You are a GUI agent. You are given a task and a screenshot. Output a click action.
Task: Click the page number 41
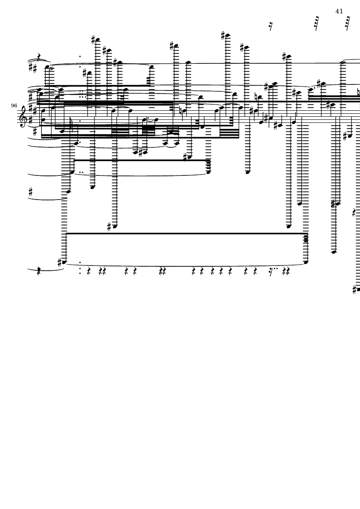[339, 11]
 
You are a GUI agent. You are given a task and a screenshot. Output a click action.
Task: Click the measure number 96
[14, 106]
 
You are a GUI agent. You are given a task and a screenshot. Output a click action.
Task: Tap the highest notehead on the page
[228, 36]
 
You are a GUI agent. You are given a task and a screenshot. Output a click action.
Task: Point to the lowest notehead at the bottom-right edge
[358, 290]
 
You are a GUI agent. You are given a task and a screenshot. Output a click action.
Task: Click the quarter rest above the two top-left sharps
[39, 57]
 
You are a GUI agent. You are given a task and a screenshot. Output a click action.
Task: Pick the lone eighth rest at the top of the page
[271, 26]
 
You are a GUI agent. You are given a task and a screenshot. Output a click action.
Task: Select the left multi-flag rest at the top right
[316, 23]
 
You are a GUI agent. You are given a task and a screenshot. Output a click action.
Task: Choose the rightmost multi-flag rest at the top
[347, 23]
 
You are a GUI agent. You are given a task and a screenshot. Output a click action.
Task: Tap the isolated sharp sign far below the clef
[31, 192]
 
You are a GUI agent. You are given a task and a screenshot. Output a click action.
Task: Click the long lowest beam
[187, 234]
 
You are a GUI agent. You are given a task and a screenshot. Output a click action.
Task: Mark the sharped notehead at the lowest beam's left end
[64, 262]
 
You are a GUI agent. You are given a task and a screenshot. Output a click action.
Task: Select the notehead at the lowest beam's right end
[306, 262]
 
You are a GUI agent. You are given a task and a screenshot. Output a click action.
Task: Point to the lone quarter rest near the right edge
[354, 212]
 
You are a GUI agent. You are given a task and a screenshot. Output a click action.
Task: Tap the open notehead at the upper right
[343, 62]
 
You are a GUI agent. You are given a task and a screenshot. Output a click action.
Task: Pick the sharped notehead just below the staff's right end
[349, 136]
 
